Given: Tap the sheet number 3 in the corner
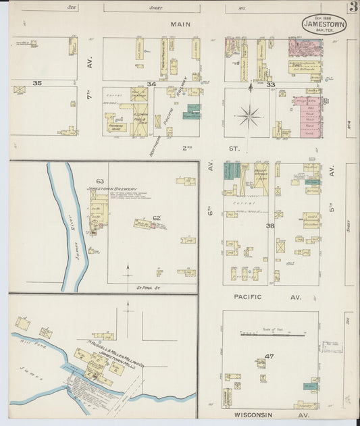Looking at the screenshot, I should (353, 7).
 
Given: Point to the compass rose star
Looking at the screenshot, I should (250, 116).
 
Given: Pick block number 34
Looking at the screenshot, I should (151, 84).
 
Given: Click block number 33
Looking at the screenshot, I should (270, 84).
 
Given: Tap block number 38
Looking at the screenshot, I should (269, 226).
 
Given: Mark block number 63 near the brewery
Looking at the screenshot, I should (100, 181).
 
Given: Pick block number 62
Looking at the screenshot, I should (156, 217).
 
